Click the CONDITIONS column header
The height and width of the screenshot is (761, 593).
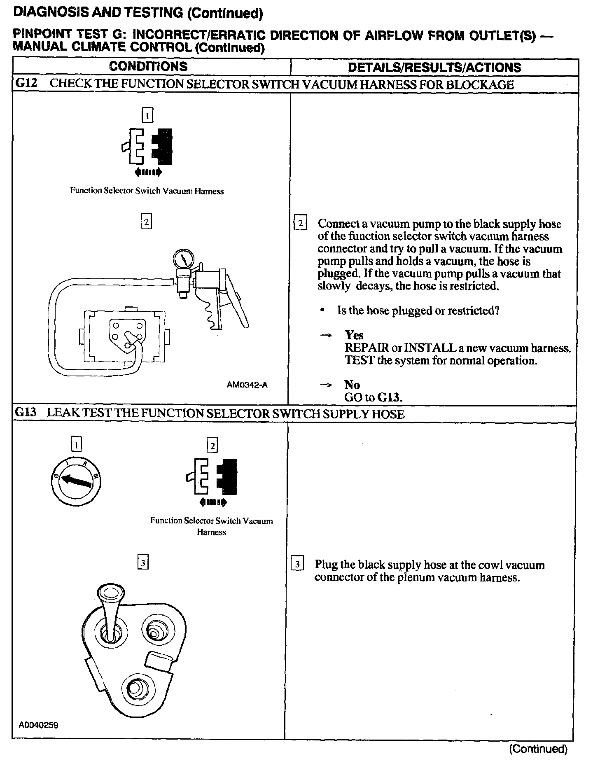pyautogui.click(x=148, y=67)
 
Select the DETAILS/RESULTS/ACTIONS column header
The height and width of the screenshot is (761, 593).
pyautogui.click(x=434, y=68)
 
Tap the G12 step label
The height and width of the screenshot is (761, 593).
pyautogui.click(x=26, y=84)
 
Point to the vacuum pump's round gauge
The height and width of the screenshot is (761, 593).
pyautogui.click(x=182, y=259)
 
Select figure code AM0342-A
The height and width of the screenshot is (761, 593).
pyautogui.click(x=247, y=385)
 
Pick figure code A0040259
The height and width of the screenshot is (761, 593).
pyautogui.click(x=38, y=736)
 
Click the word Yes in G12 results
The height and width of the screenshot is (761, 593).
pyautogui.click(x=354, y=335)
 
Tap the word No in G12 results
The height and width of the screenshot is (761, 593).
pyautogui.click(x=352, y=385)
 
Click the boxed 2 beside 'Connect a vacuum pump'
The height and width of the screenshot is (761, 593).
pyautogui.click(x=300, y=224)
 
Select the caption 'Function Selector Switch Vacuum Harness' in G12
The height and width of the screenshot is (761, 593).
pyautogui.click(x=147, y=191)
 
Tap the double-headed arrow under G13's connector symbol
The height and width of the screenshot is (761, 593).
pyautogui.click(x=212, y=502)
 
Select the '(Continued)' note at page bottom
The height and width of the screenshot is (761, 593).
pyautogui.click(x=538, y=749)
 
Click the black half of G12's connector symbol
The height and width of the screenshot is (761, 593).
pyautogui.click(x=163, y=146)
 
